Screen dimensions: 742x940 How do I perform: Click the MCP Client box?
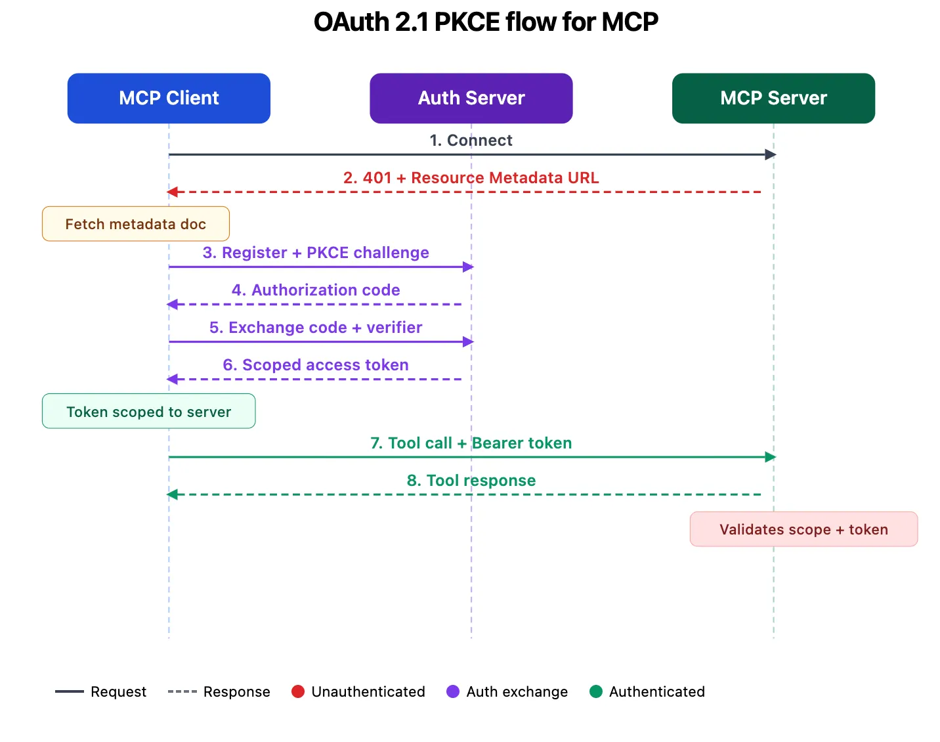click(x=169, y=98)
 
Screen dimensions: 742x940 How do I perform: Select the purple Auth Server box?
click(x=471, y=98)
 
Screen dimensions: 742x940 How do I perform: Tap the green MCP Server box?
click(x=773, y=98)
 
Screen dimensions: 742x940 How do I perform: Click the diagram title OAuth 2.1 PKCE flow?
click(x=486, y=22)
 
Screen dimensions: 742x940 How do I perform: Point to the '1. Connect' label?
click(x=471, y=141)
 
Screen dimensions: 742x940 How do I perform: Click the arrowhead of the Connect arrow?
click(x=771, y=155)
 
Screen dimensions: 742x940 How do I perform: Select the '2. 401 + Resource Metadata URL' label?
click(x=471, y=178)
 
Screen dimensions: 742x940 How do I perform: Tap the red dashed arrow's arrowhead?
click(x=172, y=192)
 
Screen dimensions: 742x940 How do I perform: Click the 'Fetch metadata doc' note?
click(x=136, y=224)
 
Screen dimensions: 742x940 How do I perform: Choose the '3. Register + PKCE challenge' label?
click(x=316, y=253)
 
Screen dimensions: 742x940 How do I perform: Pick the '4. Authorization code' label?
click(x=316, y=290)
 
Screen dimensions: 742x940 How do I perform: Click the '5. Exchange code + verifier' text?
click(x=316, y=328)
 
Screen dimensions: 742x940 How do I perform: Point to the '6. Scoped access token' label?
click(x=316, y=365)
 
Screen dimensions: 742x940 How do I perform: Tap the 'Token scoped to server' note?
click(x=149, y=412)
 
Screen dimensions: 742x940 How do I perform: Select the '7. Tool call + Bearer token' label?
click(x=471, y=443)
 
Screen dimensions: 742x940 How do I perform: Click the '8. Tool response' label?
click(x=471, y=481)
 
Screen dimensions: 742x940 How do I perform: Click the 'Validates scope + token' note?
click(x=803, y=529)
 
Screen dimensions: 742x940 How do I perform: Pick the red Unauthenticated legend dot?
click(x=298, y=691)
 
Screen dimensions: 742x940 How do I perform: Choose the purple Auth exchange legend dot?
click(x=453, y=691)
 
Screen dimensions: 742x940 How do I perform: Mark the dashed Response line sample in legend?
click(x=182, y=691)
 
